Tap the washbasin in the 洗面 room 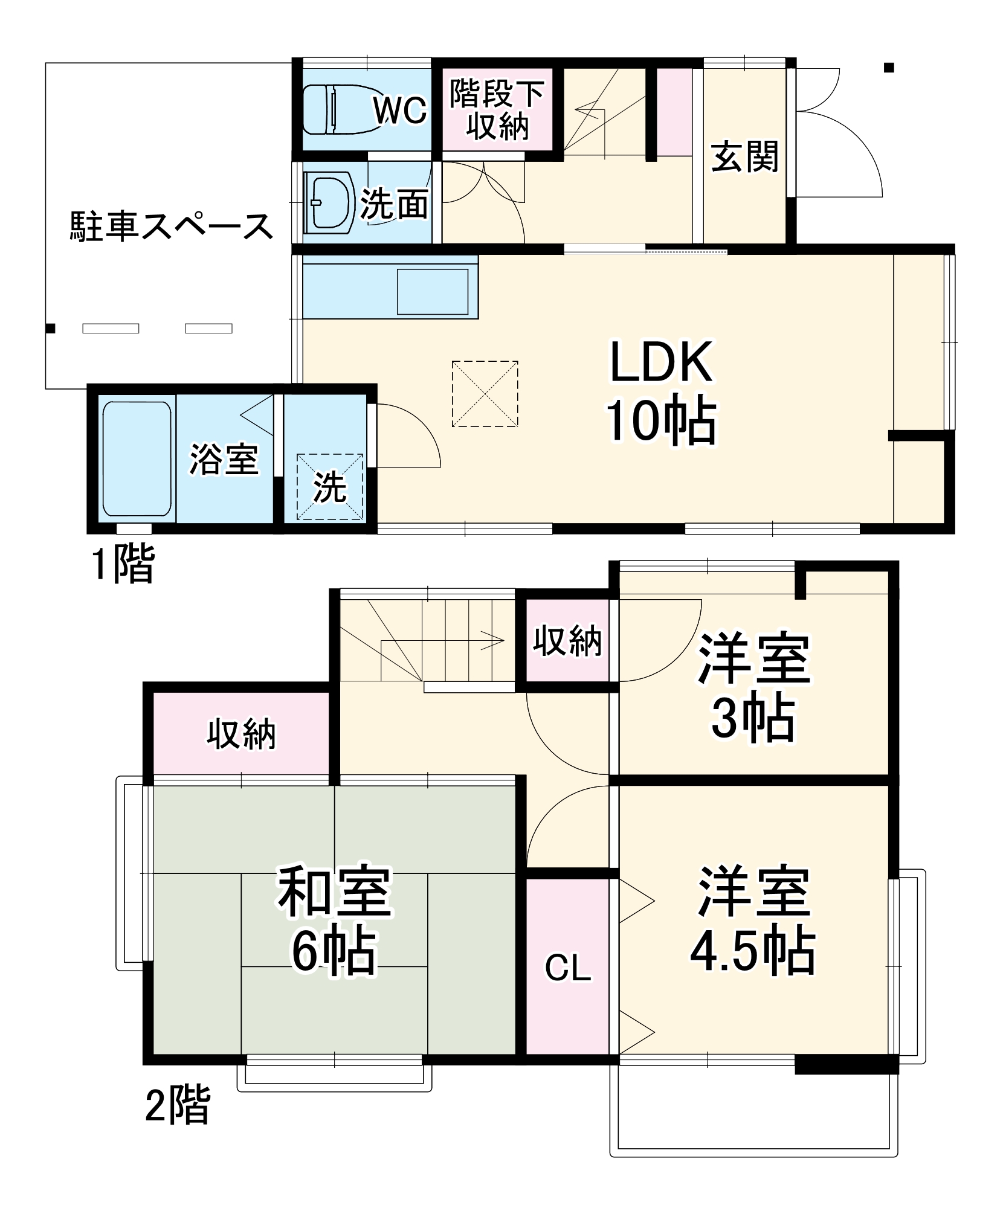click(329, 202)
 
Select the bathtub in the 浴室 click(137, 458)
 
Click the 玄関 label click(744, 157)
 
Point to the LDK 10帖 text click(662, 391)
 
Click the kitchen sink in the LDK click(432, 292)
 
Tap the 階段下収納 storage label click(497, 110)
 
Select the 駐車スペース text click(172, 227)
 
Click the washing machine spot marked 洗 click(330, 486)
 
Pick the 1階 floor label click(123, 564)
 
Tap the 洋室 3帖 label click(753, 687)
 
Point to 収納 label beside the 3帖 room click(567, 641)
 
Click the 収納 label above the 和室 click(241, 734)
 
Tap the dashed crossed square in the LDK click(485, 394)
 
